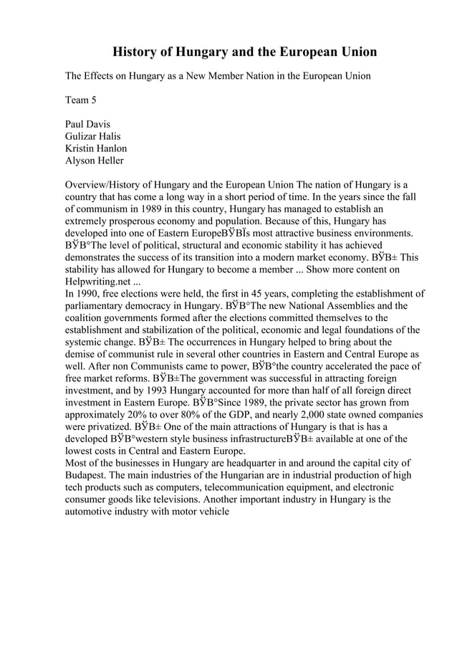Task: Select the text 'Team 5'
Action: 81,100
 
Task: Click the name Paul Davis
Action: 88,124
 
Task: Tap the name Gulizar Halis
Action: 92,136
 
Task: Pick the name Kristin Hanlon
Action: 96,148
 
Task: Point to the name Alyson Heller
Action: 94,160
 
